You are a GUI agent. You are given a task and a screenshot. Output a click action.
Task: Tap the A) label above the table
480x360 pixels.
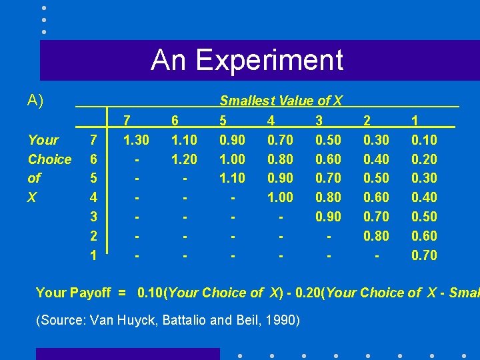tap(35, 101)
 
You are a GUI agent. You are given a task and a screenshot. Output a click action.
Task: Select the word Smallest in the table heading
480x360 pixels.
tap(246, 101)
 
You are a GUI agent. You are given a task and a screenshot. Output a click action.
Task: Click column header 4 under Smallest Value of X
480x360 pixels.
tap(271, 121)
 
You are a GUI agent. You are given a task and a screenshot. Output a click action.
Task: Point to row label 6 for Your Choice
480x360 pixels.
tap(94, 159)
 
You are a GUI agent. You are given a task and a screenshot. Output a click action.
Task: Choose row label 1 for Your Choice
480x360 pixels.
tap(94, 255)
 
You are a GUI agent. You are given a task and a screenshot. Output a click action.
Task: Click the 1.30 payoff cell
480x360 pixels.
tap(136, 140)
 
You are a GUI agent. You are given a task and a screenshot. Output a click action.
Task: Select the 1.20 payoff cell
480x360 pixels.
tap(184, 159)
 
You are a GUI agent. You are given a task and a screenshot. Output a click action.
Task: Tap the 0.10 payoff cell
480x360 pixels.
tap(424, 140)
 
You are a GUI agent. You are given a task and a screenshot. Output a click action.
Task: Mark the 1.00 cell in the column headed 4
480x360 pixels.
tap(280, 197)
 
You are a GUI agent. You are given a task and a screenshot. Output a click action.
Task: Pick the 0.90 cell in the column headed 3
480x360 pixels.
tap(328, 217)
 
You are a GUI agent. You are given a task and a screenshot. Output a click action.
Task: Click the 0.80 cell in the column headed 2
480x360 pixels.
tap(376, 235)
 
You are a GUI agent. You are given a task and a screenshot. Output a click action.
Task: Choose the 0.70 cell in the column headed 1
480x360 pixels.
tap(424, 255)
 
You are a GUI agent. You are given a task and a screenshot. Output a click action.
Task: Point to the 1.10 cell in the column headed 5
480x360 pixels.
tap(232, 178)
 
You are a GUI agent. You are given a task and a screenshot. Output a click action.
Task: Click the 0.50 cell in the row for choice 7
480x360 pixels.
tap(328, 140)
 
